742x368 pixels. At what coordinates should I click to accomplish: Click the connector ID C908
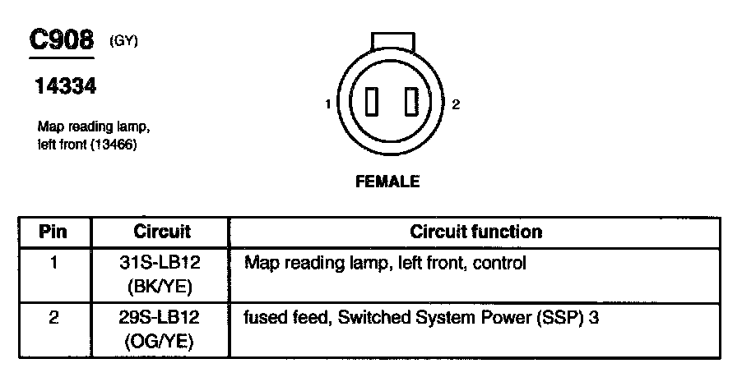point(62,41)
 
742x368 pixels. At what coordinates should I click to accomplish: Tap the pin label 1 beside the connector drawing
point(328,104)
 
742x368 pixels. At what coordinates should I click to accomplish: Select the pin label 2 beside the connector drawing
point(456,104)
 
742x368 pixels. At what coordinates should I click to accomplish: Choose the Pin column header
point(53,232)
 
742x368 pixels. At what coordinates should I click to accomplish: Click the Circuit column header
point(161,232)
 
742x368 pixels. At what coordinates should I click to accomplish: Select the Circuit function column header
point(475,232)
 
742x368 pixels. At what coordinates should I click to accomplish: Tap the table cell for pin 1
point(53,264)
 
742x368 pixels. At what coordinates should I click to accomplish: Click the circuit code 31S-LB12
point(161,264)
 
